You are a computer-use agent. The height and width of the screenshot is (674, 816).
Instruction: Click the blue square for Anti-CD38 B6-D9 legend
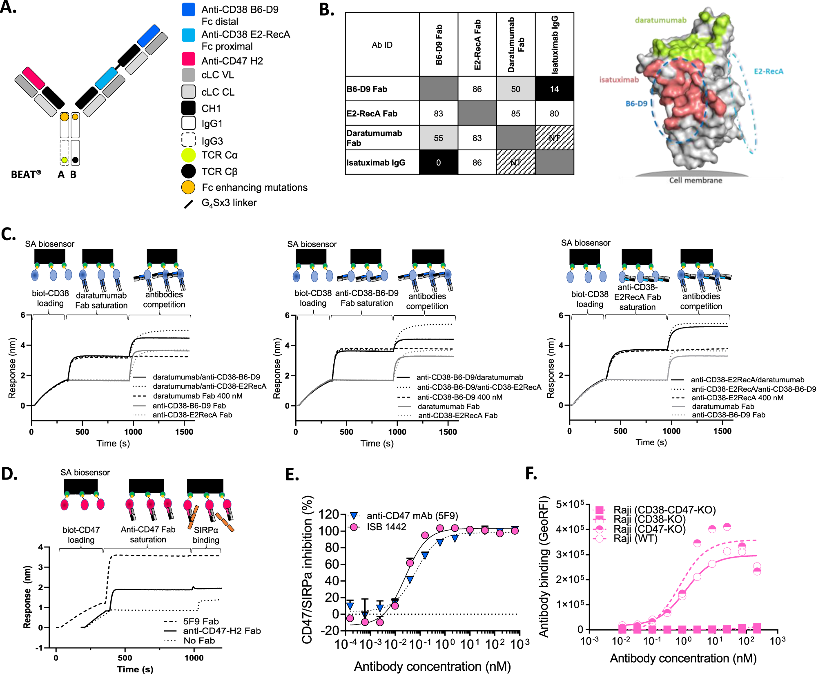188,9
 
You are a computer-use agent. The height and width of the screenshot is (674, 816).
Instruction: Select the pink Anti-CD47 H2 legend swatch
188,59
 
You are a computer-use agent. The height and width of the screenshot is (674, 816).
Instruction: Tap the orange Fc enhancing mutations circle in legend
188,187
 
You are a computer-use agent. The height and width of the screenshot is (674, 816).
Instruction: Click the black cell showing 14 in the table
554,89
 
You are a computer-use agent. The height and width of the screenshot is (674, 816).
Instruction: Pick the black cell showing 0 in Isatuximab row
438,162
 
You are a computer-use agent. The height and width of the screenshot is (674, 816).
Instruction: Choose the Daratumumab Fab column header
516,45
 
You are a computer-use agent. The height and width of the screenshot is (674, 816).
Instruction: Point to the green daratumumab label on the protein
660,20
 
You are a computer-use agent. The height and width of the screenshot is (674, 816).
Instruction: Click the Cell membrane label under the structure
696,180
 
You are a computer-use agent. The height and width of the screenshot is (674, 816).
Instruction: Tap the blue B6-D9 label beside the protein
636,104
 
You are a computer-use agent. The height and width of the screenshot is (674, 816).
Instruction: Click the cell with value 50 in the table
516,89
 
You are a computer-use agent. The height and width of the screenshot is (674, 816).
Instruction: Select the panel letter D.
9,473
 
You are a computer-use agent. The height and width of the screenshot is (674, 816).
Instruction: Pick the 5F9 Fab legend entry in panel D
201,621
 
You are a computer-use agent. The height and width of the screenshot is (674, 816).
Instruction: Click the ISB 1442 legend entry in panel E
386,527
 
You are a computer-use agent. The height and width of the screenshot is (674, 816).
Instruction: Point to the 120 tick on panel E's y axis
329,514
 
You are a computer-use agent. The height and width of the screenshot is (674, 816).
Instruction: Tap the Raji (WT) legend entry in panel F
635,539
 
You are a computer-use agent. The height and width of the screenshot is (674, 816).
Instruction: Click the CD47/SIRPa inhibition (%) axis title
308,570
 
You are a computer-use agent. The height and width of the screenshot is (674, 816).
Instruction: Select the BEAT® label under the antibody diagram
26,175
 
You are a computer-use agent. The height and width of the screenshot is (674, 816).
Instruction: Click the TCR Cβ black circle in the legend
188,171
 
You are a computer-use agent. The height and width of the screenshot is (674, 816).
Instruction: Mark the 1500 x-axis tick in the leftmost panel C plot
184,432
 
